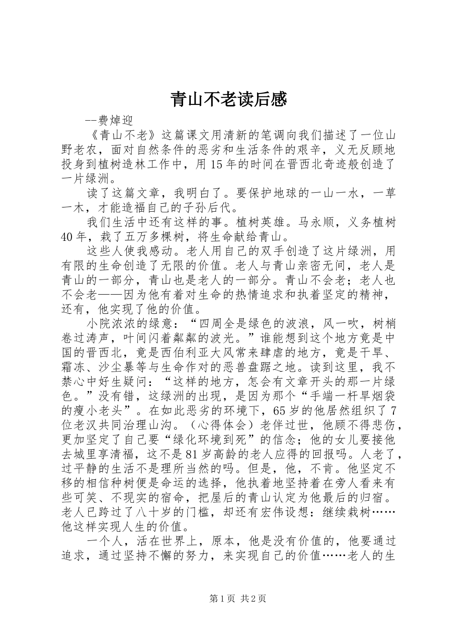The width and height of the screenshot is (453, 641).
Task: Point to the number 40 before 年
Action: click(x=68, y=236)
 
